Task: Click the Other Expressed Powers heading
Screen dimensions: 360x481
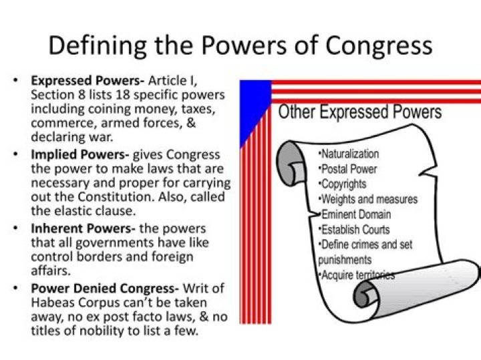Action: pos(360,112)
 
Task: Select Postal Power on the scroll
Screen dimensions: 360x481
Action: pos(349,169)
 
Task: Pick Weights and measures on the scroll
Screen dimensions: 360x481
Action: pos(369,199)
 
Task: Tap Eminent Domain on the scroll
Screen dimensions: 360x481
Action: pos(356,214)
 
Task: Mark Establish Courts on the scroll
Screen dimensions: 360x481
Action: pos(355,230)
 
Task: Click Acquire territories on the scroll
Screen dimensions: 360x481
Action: pos(357,275)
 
